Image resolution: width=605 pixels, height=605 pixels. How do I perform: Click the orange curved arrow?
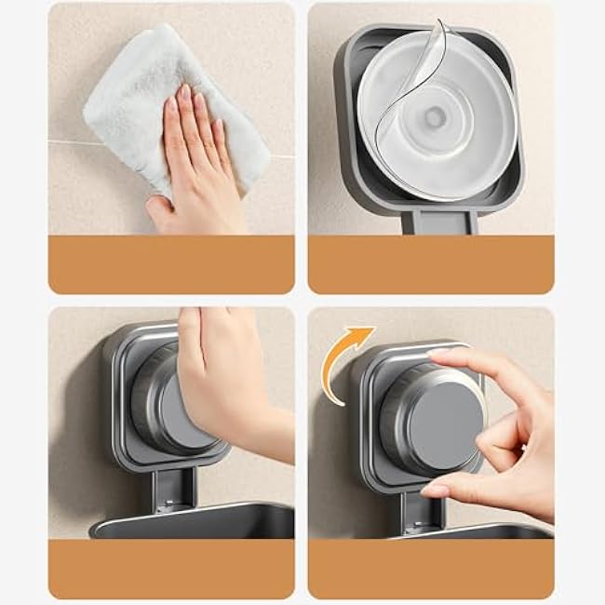[x=348, y=358]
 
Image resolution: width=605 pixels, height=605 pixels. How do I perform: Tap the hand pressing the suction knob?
[x=223, y=382]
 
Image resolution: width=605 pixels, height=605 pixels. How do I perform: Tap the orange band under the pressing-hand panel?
[x=171, y=568]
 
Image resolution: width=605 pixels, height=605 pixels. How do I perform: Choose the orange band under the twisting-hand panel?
[x=431, y=568]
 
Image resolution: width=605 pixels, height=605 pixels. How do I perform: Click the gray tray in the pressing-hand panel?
[x=195, y=521]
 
